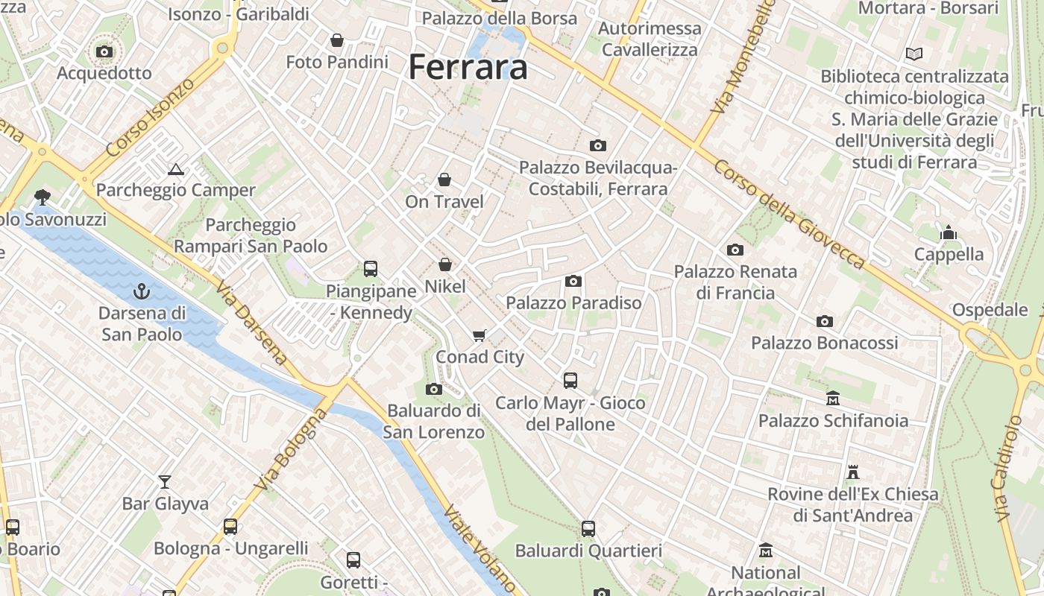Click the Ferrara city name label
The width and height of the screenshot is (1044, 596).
[x=468, y=67]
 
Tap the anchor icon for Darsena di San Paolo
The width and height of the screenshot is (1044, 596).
[x=141, y=291]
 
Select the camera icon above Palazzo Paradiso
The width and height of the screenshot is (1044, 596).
[x=573, y=281]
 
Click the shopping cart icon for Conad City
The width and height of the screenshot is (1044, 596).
[x=479, y=335]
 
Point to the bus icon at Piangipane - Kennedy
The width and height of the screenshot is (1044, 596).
[x=370, y=269]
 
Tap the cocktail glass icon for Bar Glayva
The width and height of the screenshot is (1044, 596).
[x=164, y=482]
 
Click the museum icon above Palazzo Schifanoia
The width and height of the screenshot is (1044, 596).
[x=833, y=399]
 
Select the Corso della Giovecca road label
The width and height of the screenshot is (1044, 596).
[x=789, y=214]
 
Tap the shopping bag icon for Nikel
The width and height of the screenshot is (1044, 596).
[x=445, y=264]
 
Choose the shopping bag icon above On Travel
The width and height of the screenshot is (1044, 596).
[x=444, y=180]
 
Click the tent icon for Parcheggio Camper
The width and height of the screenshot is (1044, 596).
[x=175, y=169]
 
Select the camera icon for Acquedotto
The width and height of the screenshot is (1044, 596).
[x=104, y=51]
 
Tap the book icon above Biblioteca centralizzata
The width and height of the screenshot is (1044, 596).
[x=913, y=54]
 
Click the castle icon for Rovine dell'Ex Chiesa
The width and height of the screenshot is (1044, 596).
[x=853, y=472]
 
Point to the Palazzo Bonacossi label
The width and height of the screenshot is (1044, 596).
[x=824, y=343]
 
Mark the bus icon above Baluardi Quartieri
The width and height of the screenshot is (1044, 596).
[x=588, y=529]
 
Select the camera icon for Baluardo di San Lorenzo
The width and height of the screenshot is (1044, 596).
[x=433, y=389]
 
